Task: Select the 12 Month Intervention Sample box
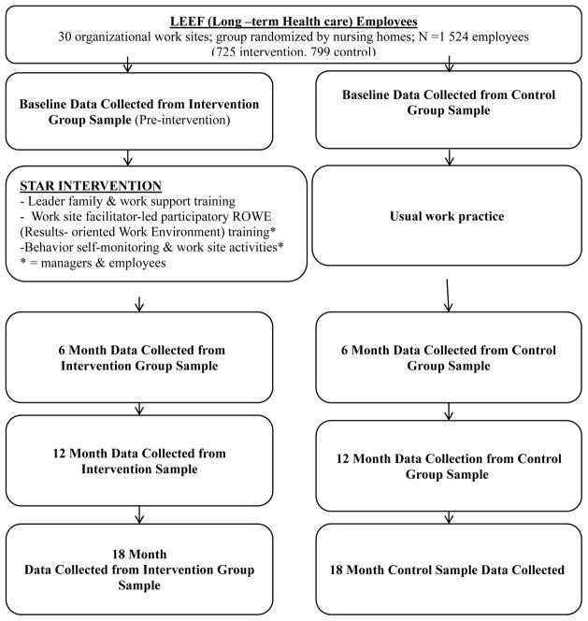tap(139, 460)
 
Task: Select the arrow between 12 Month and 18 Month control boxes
tap(450, 513)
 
